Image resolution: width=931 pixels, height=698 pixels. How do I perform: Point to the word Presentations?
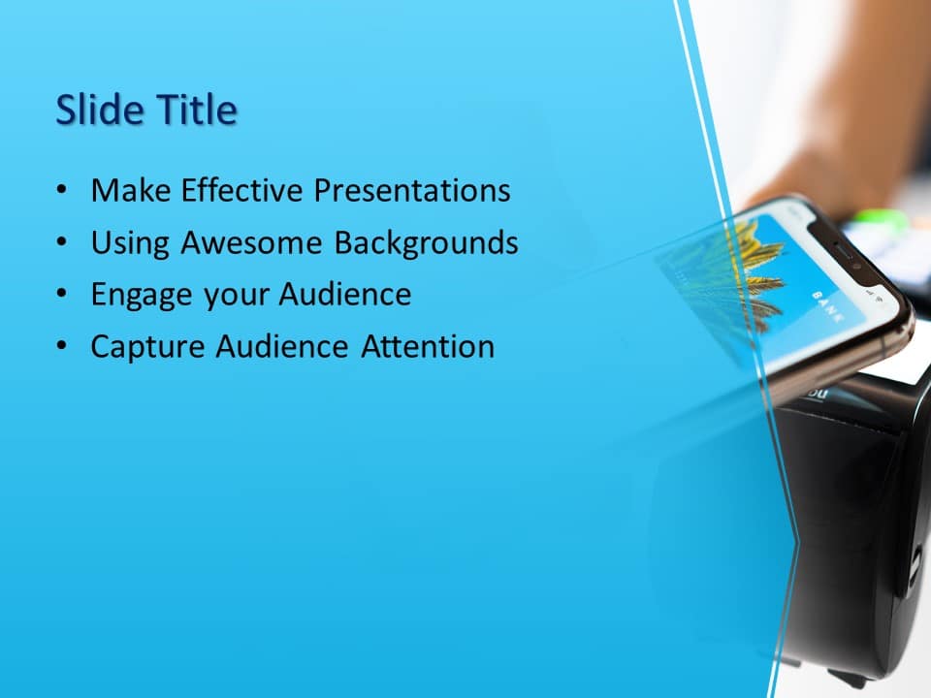(x=411, y=190)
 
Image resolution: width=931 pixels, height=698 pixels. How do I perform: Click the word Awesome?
(x=256, y=242)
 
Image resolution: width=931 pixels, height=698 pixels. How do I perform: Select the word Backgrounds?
(x=426, y=242)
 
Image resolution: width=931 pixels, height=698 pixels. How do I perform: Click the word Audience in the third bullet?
(x=344, y=295)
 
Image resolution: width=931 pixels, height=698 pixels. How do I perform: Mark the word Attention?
(x=428, y=346)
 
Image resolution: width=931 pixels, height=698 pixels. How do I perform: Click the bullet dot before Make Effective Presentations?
(x=62, y=191)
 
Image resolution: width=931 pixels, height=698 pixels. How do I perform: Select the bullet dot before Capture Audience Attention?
(x=62, y=347)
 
